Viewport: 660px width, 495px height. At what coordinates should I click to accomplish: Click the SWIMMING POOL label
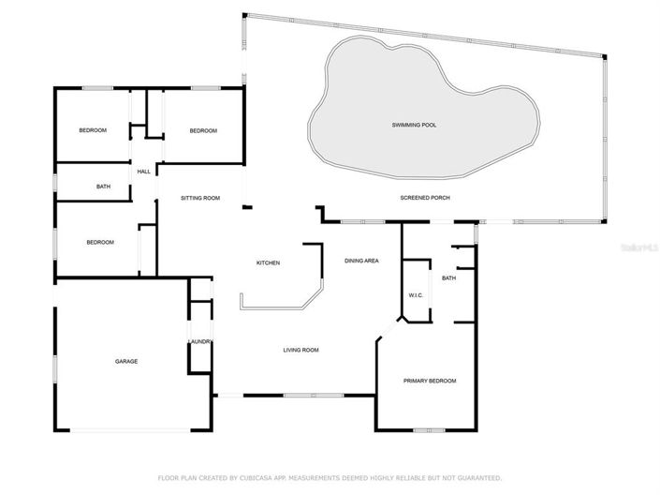[414, 125]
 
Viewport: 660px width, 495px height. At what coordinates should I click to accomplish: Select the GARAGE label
[126, 360]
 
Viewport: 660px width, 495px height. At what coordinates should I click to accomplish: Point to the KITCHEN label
[269, 262]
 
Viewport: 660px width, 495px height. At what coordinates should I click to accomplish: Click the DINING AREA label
[361, 261]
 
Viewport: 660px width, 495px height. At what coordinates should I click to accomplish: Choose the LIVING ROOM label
[301, 351]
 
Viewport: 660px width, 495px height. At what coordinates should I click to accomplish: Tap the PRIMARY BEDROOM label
[430, 381]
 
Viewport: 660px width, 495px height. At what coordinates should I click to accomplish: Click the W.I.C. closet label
[417, 295]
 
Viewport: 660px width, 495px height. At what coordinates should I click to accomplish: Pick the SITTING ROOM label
[200, 198]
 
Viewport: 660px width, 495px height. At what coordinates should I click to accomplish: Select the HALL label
[144, 172]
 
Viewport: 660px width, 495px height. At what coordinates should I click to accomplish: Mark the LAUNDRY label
[201, 341]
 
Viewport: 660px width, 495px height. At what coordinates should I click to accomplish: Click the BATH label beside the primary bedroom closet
[449, 277]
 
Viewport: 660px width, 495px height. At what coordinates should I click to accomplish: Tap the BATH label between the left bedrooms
[103, 187]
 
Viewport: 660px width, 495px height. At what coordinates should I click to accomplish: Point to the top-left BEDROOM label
[93, 130]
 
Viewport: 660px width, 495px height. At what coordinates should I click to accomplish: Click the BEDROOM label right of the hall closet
[203, 130]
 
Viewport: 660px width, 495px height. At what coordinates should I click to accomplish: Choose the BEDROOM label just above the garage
[100, 243]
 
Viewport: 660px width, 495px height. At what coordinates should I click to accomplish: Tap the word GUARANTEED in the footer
[474, 477]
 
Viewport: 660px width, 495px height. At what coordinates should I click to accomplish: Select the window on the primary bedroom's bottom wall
[429, 430]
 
